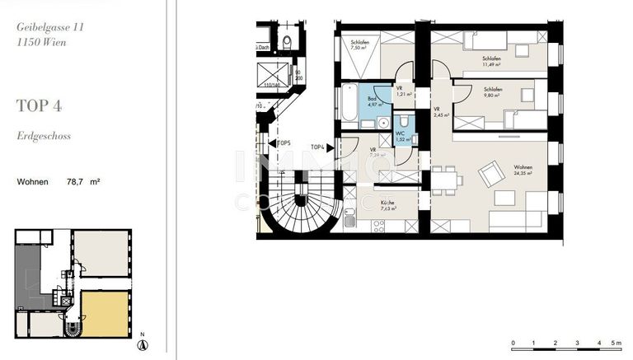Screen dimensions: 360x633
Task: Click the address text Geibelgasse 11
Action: (50, 26)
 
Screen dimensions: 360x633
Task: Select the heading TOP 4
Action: (39, 105)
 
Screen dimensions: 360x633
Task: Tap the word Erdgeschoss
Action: (43, 136)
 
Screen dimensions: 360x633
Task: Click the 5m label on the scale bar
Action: (617, 343)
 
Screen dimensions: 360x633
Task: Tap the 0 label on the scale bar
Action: (513, 343)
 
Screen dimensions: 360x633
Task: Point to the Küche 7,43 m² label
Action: (387, 206)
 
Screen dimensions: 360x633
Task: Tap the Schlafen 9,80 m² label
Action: (493, 91)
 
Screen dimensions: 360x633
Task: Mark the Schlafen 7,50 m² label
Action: (359, 44)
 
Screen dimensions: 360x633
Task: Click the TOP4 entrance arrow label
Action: (319, 147)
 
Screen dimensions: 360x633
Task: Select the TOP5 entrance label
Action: (284, 143)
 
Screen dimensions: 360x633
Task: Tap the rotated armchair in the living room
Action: (493, 173)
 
